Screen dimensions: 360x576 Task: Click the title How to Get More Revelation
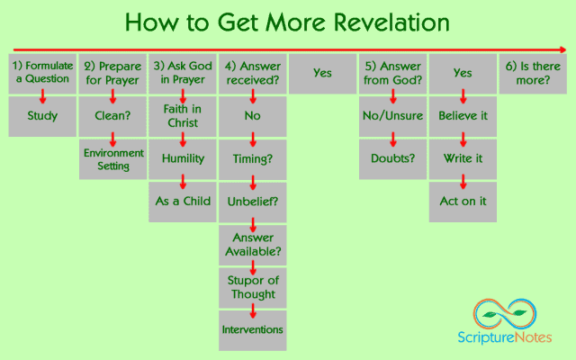(x=288, y=22)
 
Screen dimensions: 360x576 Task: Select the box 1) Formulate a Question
(x=42, y=73)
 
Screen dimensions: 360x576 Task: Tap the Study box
(x=42, y=116)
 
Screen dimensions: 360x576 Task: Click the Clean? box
(x=112, y=116)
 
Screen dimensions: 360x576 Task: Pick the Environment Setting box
(x=112, y=158)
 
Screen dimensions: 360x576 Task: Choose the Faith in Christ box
(x=183, y=116)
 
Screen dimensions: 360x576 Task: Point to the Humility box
(x=183, y=158)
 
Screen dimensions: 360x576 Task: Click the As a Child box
(x=183, y=202)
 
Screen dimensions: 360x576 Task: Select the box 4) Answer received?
(x=253, y=73)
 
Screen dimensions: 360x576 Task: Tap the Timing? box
(x=253, y=158)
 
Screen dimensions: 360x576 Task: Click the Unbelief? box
(x=253, y=202)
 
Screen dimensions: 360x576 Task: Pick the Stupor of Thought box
(x=253, y=287)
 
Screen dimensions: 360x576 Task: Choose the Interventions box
(x=253, y=329)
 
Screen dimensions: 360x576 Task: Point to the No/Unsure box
(x=392, y=116)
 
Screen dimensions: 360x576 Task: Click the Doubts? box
(x=392, y=158)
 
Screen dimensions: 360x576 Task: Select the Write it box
(x=463, y=158)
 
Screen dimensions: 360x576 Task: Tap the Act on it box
(x=463, y=202)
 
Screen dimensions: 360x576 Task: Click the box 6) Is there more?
(x=533, y=73)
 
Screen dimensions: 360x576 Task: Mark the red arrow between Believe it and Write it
(x=463, y=139)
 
